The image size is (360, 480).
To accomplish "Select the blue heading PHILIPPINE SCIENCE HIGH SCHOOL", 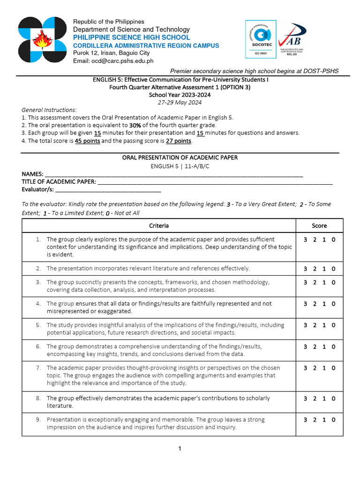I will [x=131, y=37].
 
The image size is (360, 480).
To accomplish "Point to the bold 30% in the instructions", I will [x=135, y=125].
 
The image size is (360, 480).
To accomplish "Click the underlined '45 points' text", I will [x=87, y=141].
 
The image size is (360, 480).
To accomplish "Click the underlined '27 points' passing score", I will [x=179, y=141].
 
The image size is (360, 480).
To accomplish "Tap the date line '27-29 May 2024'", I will [x=180, y=102].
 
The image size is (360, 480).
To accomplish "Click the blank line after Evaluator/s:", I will [x=108, y=190].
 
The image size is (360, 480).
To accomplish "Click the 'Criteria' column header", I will [x=159, y=226].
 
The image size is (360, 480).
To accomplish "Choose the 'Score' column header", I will [x=319, y=226].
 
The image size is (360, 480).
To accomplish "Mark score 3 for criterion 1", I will [x=305, y=240].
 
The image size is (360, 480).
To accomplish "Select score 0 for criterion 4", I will [x=334, y=304].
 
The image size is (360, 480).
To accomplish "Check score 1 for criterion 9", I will [x=324, y=420].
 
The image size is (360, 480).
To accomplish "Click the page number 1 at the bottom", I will [x=180, y=449].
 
